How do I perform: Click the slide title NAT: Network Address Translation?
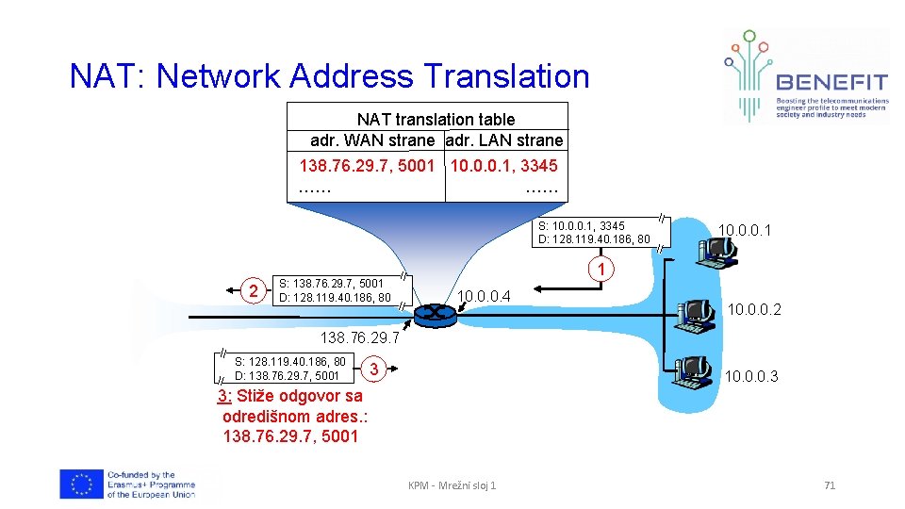(329, 76)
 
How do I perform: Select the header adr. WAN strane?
(372, 140)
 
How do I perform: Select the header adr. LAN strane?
(504, 140)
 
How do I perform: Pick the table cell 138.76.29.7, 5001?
(367, 166)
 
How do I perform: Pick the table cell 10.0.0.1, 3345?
(504, 166)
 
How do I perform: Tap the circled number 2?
(252, 289)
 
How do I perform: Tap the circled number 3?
(374, 368)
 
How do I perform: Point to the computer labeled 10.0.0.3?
(696, 373)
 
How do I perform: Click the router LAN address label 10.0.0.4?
(484, 298)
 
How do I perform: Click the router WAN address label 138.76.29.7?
(360, 337)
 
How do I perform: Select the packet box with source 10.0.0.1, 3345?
(594, 232)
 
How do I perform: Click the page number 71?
(830, 485)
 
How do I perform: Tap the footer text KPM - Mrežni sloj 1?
(452, 485)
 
